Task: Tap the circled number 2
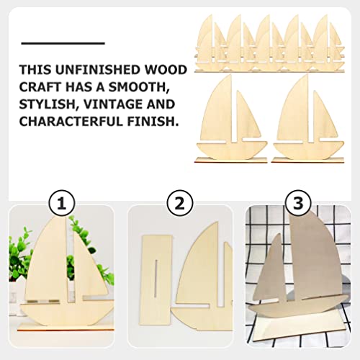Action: [180, 203]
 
